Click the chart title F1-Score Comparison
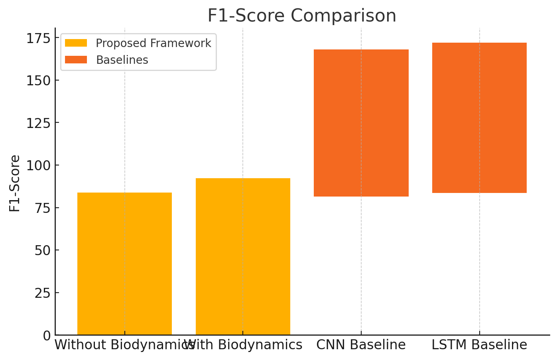click(302, 16)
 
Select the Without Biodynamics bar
click(124, 264)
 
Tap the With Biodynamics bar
click(243, 256)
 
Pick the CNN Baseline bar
click(361, 123)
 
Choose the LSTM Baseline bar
click(479, 118)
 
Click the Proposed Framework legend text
click(154, 43)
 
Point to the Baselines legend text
click(122, 60)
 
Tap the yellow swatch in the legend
click(76, 43)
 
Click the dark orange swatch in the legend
click(76, 60)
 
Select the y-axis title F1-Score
click(15, 183)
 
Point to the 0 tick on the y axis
click(47, 335)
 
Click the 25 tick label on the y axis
click(42, 293)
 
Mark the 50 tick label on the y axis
click(42, 250)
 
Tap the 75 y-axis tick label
click(42, 208)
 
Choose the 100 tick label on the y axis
click(38, 165)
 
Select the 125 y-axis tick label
click(38, 123)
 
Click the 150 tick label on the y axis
click(38, 81)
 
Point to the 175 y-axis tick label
click(38, 38)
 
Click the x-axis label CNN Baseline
click(361, 345)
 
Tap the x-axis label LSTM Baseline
click(479, 345)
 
